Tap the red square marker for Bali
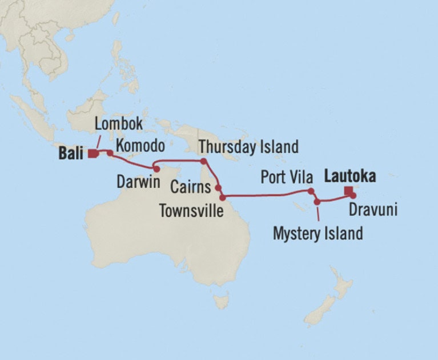92,153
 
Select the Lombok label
118,124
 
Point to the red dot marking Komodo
109,153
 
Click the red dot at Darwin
156,169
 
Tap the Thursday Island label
248,147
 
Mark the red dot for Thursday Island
204,161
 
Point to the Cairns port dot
218,186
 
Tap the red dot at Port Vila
310,191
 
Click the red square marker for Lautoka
347,191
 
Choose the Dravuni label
372,210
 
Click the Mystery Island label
318,233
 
